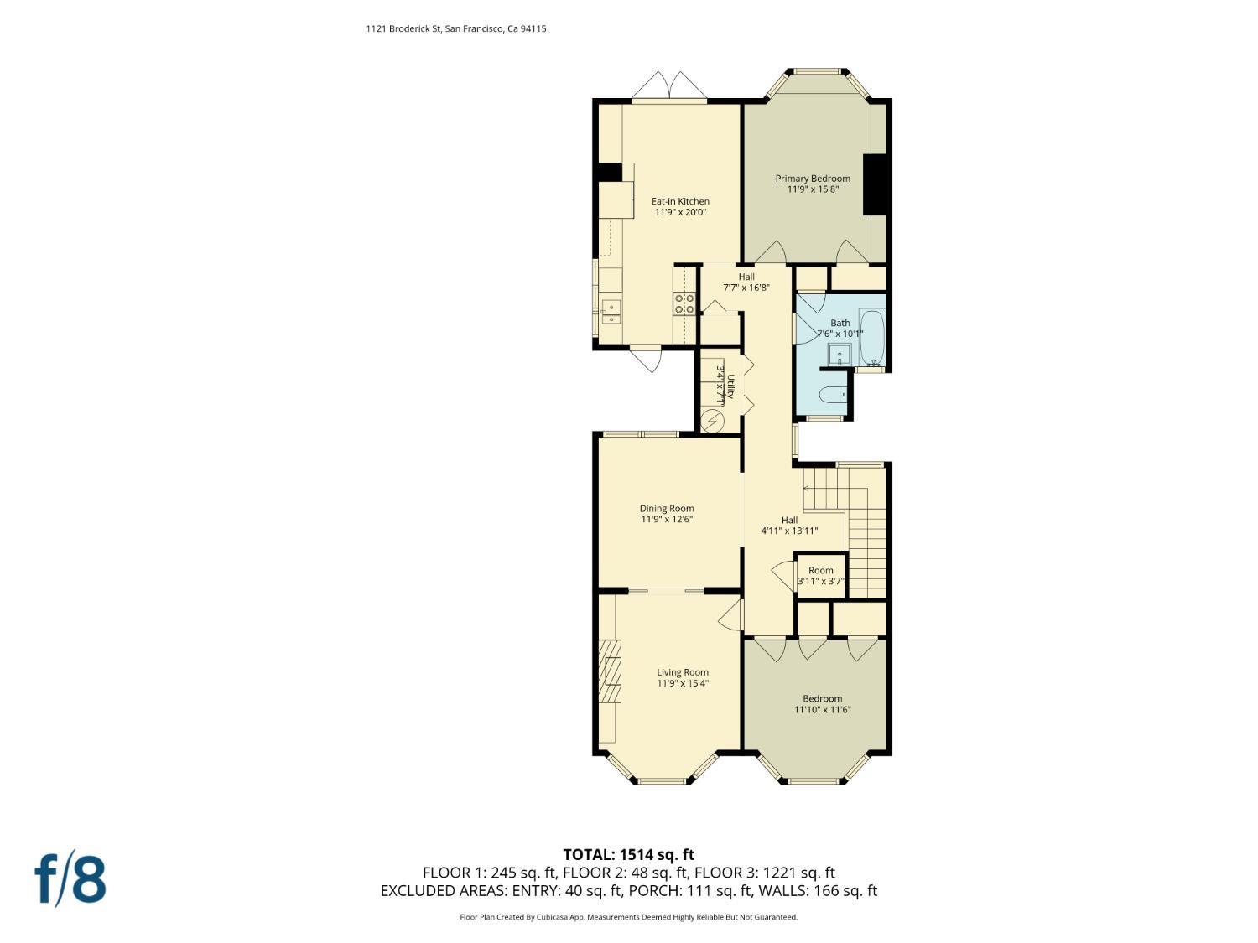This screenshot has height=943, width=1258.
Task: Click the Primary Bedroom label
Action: [x=813, y=184]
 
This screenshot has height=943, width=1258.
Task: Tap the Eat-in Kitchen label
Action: [x=680, y=207]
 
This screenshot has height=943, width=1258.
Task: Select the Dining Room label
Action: [x=667, y=514]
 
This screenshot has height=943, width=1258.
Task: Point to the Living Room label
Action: [x=683, y=677]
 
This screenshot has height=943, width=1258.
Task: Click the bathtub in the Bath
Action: [x=872, y=338]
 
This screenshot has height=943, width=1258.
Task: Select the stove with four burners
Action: [x=684, y=303]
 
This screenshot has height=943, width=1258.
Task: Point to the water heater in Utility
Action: [x=713, y=421]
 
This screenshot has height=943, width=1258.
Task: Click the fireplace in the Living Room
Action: [x=610, y=671]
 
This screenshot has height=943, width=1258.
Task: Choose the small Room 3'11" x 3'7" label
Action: [x=820, y=576]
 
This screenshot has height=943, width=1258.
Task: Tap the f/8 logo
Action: [x=70, y=878]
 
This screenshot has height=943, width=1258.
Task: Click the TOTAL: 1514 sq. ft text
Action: [x=628, y=855]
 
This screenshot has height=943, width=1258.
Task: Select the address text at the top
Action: [x=456, y=28]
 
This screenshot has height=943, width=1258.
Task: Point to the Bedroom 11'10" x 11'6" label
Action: [x=822, y=704]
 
